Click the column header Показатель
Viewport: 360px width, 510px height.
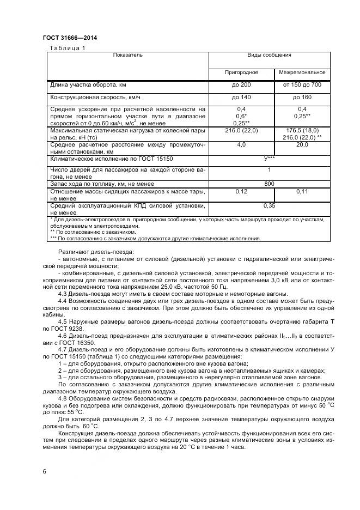(127, 56)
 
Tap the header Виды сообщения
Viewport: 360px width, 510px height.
(269, 56)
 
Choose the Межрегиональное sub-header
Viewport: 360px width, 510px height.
(302, 72)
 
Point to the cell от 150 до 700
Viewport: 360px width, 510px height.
(302, 85)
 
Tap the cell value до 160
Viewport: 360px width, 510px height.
(302, 98)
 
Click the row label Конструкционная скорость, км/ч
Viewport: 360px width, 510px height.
(95, 98)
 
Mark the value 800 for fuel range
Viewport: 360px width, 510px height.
(269, 184)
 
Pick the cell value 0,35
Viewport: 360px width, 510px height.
(269, 206)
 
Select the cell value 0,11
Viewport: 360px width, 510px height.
(302, 192)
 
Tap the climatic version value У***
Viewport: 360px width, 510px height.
(269, 159)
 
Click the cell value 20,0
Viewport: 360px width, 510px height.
(302, 145)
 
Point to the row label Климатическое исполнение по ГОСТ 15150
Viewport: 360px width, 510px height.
(111, 159)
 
